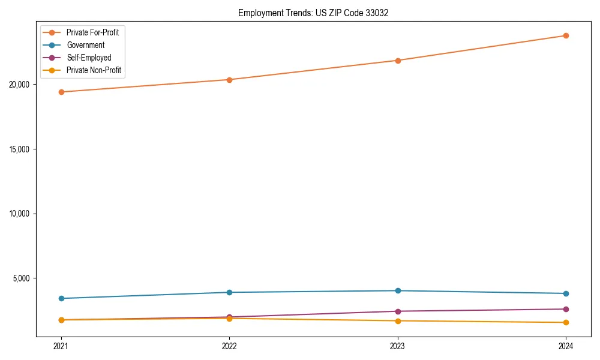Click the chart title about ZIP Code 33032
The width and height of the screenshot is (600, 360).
pyautogui.click(x=313, y=13)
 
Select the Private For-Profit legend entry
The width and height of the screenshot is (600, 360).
pyautogui.click(x=92, y=32)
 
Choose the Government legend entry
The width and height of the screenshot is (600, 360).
pyautogui.click(x=85, y=45)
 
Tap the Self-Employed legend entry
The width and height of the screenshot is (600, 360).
pyautogui.click(x=89, y=58)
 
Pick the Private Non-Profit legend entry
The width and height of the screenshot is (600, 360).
pyautogui.click(x=94, y=70)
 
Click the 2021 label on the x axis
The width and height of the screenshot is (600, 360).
pyautogui.click(x=61, y=346)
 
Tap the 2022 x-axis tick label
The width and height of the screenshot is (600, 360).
pyautogui.click(x=229, y=346)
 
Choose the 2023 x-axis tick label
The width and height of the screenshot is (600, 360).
pyautogui.click(x=397, y=346)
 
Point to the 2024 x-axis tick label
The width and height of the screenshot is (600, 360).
pyautogui.click(x=566, y=346)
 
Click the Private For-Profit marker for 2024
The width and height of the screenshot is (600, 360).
pyautogui.click(x=566, y=35)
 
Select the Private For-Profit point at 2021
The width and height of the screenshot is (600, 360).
pyautogui.click(x=61, y=92)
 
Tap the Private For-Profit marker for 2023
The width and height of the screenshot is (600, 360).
pyautogui.click(x=397, y=60)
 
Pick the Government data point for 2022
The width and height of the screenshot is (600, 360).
pyautogui.click(x=229, y=292)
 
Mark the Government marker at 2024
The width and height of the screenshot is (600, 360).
pyautogui.click(x=566, y=293)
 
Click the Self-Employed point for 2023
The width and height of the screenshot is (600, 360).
pyautogui.click(x=397, y=311)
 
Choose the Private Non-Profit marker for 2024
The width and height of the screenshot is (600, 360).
pyautogui.click(x=566, y=322)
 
